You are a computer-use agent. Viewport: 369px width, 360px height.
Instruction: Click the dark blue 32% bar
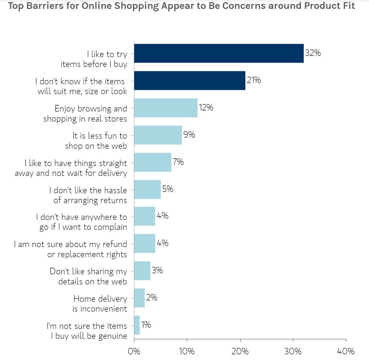point(219,53)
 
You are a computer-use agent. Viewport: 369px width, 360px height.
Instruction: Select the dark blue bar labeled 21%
point(190,80)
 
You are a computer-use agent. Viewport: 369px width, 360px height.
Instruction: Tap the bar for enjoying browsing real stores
point(166,108)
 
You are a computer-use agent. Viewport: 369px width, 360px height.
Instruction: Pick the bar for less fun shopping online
point(158,135)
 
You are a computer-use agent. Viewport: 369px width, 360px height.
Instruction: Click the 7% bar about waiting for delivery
point(152,162)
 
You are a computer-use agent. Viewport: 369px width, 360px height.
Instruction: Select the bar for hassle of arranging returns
point(147,189)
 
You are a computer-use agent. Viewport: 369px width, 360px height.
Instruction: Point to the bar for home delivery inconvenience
point(139,298)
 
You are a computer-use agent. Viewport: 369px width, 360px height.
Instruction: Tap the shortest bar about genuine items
point(137,325)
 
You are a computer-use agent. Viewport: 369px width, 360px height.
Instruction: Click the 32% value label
point(313,53)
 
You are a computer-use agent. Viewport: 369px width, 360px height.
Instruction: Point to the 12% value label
point(205,107)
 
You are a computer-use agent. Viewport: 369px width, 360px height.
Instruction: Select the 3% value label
point(157,270)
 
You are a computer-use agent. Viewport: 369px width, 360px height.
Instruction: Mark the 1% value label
point(146,325)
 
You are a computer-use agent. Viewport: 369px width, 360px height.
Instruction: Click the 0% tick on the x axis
point(134,351)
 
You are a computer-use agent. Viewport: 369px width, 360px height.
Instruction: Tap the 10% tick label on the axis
point(187,351)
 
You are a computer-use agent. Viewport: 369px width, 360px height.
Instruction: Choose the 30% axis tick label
point(293,351)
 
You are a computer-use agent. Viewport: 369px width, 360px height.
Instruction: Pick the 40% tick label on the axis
point(346,351)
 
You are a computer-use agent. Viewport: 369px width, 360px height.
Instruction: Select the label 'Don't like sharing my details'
point(88,276)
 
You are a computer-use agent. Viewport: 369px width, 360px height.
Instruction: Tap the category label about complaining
point(81,222)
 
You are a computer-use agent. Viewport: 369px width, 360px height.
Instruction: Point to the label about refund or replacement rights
point(71,249)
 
